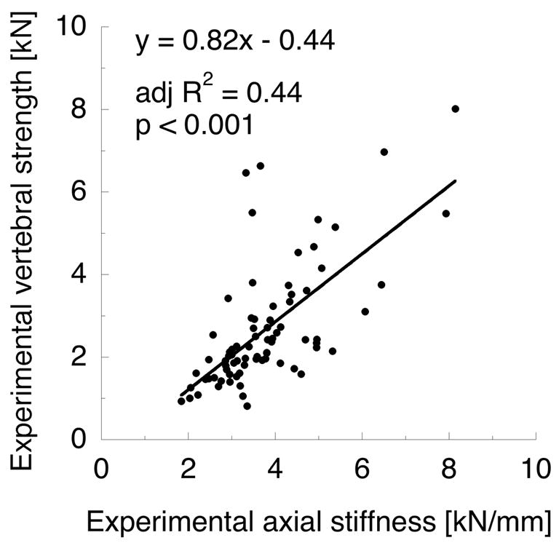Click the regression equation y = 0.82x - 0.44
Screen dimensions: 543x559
[x=234, y=42]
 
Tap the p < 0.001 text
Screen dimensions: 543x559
[x=194, y=125]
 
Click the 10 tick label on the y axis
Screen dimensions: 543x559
[x=73, y=28]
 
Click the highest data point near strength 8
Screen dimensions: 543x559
[x=456, y=108]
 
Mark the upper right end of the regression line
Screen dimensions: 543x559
[x=456, y=181]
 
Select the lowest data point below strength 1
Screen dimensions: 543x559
[x=247, y=406]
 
